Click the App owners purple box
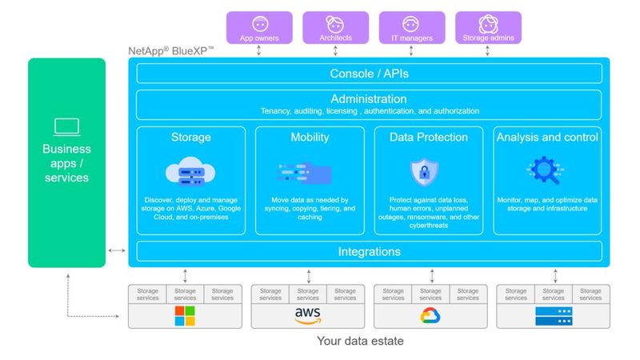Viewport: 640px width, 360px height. (x=258, y=26)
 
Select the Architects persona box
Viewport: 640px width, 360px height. (x=334, y=26)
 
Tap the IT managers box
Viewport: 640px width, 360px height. (x=411, y=26)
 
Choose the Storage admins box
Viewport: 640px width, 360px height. (x=487, y=26)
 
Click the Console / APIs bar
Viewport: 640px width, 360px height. (x=369, y=74)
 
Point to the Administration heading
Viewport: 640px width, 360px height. (x=369, y=98)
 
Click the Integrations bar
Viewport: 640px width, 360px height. (x=369, y=252)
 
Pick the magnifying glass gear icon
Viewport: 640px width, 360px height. (x=546, y=170)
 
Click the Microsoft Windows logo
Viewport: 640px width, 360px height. (x=185, y=316)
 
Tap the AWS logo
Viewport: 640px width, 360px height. (x=308, y=316)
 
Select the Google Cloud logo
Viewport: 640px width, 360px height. (x=430, y=316)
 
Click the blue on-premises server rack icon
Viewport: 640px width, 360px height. (x=553, y=316)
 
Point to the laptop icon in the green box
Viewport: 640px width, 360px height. (x=66, y=126)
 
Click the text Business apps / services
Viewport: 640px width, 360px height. (x=66, y=162)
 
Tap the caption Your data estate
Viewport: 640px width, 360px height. (x=360, y=342)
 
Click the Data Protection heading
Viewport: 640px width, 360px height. (x=428, y=138)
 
